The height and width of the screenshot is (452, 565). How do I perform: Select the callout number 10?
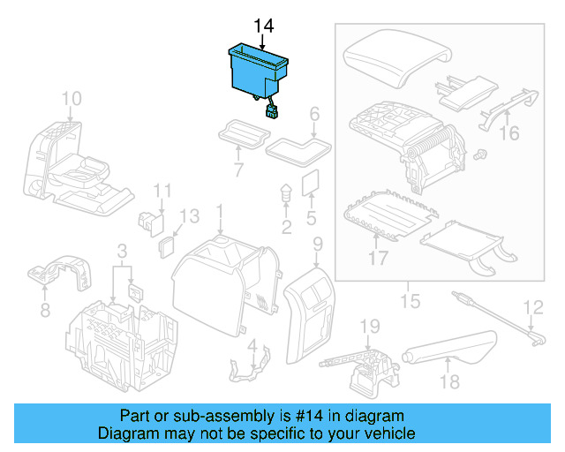point(72,98)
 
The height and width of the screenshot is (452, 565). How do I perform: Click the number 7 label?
point(237,168)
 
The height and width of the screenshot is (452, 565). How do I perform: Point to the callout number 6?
point(313,114)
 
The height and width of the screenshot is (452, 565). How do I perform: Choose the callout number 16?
point(509,133)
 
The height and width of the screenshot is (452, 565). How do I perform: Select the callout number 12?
point(532,308)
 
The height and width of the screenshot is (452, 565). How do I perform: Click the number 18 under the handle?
point(451,381)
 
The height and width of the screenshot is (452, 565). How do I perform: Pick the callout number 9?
point(318,244)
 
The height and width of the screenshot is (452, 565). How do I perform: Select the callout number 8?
point(45,311)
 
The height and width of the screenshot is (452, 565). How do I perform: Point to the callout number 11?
point(162,191)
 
